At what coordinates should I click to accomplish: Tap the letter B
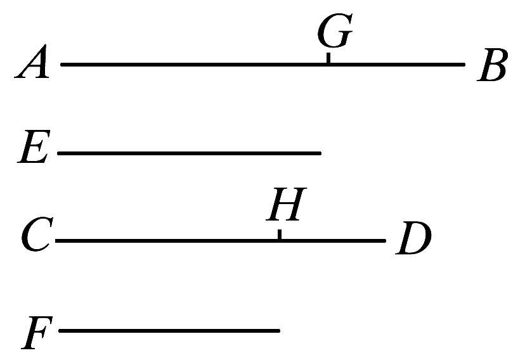(492, 67)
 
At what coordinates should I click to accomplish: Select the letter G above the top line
(334, 33)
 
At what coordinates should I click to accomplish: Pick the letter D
(413, 240)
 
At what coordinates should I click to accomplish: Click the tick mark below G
(328, 59)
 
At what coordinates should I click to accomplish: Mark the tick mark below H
(280, 235)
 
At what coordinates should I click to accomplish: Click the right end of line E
(320, 153)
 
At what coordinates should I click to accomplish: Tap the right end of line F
(279, 330)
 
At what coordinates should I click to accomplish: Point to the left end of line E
(58, 153)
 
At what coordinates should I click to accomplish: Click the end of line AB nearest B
(464, 64)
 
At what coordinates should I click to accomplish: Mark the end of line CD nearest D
(384, 241)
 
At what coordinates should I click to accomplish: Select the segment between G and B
(396, 64)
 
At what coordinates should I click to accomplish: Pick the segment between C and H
(168, 241)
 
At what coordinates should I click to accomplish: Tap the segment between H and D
(332, 241)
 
